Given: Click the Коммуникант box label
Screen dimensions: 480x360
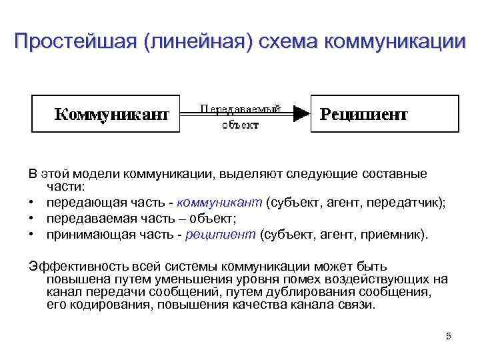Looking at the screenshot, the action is (x=111, y=114).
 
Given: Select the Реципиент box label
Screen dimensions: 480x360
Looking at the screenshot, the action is (x=364, y=114).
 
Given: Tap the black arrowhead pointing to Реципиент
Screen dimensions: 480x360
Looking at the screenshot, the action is (x=302, y=114).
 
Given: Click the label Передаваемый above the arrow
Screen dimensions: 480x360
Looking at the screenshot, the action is (x=241, y=107).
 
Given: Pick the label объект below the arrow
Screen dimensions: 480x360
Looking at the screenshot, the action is (x=241, y=124).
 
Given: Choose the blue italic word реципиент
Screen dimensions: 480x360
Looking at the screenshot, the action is (x=222, y=234).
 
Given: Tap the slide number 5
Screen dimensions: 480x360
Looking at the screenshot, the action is (x=449, y=336).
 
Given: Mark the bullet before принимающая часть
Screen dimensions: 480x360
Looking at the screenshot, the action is (x=32, y=234).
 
